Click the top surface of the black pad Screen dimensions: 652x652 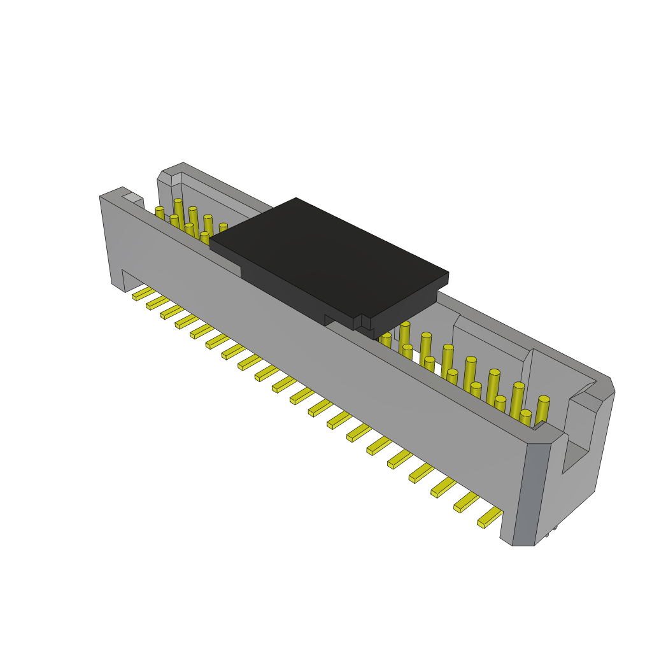click(328, 255)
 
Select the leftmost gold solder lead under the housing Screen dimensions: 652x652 click(143, 294)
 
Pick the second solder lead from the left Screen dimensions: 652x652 click(157, 302)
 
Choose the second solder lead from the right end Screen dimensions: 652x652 click(466, 502)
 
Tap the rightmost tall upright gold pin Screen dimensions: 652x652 click(542, 411)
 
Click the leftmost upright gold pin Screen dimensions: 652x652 click(159, 213)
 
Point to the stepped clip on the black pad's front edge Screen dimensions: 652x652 click(362, 323)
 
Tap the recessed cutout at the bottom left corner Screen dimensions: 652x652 click(131, 280)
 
